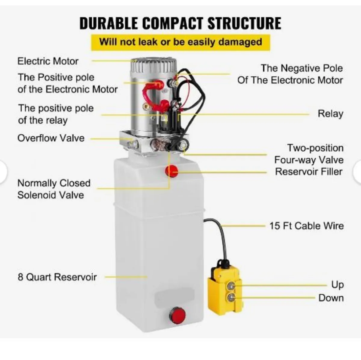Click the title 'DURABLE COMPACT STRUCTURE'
tap(180, 23)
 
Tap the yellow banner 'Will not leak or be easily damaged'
tap(180, 42)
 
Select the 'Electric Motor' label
tap(48, 61)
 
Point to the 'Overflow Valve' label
tap(51, 138)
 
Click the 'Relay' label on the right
tap(330, 114)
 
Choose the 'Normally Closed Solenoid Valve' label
tap(54, 189)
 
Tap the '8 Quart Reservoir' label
tap(57, 277)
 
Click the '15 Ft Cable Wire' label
tap(306, 226)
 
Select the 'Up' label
tap(337, 284)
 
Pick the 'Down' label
tap(331, 298)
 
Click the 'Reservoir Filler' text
tap(309, 172)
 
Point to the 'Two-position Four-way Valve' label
tap(309, 154)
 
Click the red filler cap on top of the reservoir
tap(172, 171)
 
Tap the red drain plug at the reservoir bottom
tap(177, 315)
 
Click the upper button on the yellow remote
tap(231, 285)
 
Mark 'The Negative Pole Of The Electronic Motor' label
tap(290, 74)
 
